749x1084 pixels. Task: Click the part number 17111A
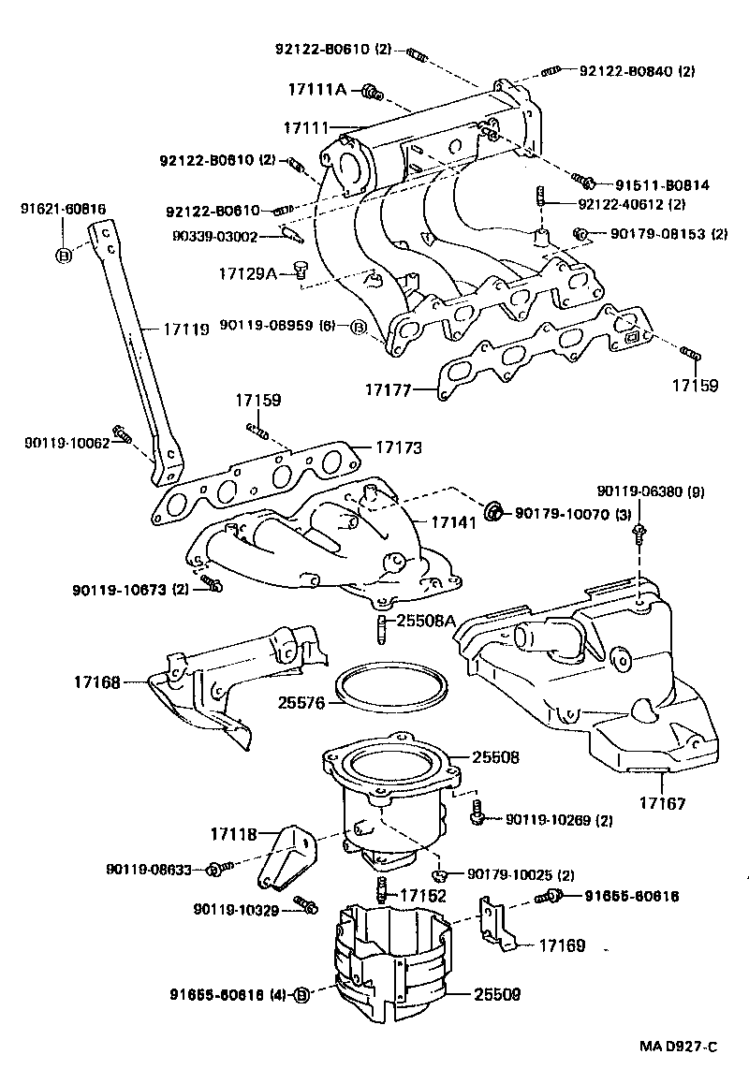click(x=316, y=90)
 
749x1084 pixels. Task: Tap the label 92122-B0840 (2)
click(x=637, y=70)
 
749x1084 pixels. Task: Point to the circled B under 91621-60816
click(x=64, y=256)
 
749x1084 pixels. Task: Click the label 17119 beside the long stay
click(x=186, y=330)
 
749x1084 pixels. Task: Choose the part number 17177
click(x=389, y=386)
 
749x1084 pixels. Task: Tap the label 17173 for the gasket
click(x=400, y=448)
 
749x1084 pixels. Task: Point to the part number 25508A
click(x=425, y=620)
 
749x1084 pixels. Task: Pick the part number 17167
click(x=663, y=802)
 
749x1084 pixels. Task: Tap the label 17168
click(x=97, y=682)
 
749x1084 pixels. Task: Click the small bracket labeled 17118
click(x=288, y=856)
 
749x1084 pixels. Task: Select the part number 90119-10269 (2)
click(x=558, y=820)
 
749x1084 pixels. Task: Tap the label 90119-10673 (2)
click(x=131, y=589)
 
